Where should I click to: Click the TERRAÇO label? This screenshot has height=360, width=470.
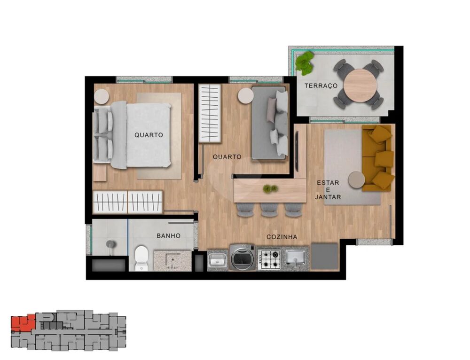[321, 86]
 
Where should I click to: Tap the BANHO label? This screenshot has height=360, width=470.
[169, 236]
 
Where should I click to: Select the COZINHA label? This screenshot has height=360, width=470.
[282, 237]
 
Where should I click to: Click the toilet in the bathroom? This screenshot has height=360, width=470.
[141, 258]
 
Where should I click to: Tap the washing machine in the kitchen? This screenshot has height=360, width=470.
[242, 258]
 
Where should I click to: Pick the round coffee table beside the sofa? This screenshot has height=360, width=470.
[356, 180]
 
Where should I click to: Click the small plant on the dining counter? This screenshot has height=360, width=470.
[270, 188]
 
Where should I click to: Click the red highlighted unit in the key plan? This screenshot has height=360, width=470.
[23, 323]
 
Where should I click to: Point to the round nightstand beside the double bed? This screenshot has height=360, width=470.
[102, 97]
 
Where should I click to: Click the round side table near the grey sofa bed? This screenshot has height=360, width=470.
[245, 96]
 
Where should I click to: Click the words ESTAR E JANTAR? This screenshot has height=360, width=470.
[328, 190]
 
